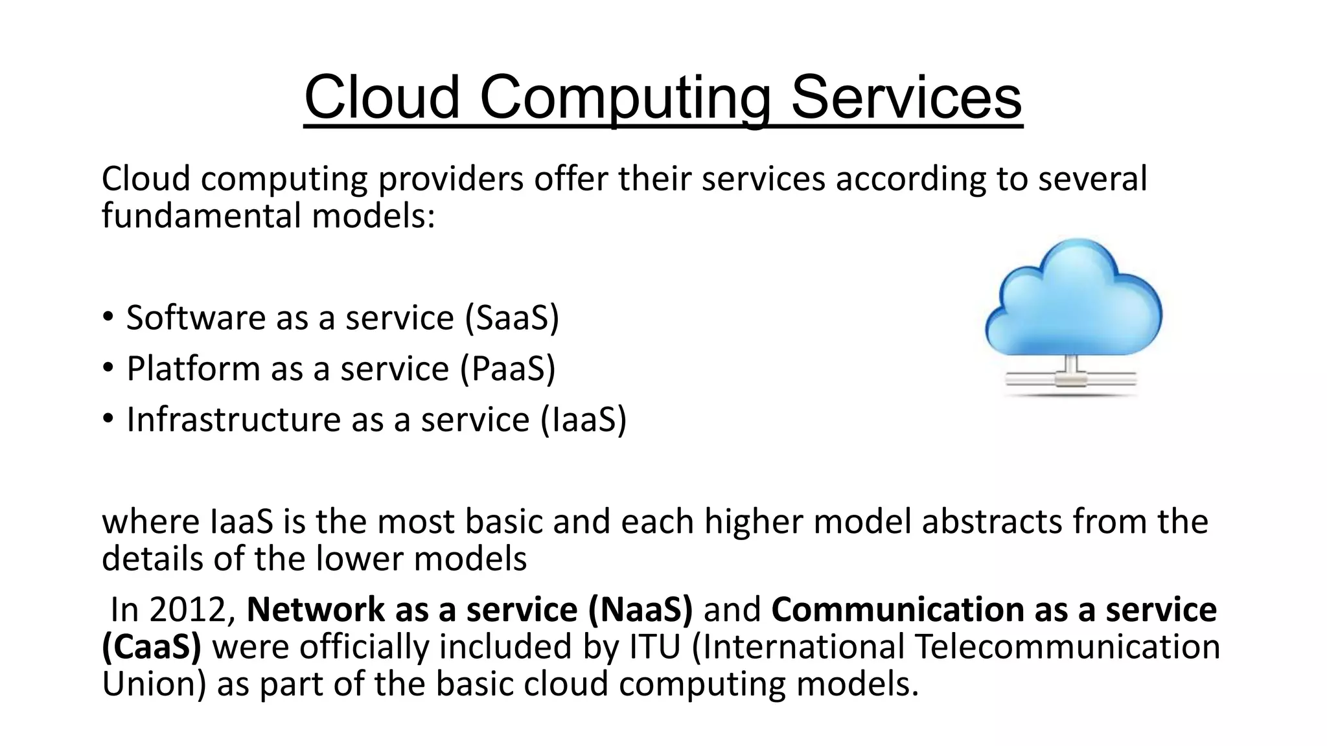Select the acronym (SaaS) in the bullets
(512, 317)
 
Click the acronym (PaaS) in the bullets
(508, 368)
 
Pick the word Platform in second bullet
(192, 368)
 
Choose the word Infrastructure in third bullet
(233, 419)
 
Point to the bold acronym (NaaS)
(640, 609)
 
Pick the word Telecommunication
(1068, 646)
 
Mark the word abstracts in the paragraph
(992, 521)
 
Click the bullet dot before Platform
(108, 368)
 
